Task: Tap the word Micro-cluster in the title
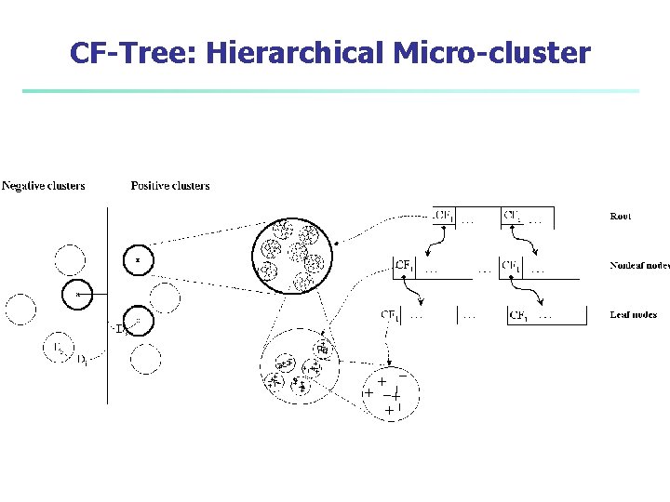click(491, 53)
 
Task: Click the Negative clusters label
click(44, 186)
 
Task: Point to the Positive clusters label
click(170, 186)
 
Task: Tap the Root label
click(620, 216)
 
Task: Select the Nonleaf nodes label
click(639, 265)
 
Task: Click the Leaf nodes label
click(633, 314)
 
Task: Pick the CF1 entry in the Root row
click(444, 216)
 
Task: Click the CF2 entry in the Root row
click(513, 216)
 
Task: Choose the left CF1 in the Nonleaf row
click(405, 266)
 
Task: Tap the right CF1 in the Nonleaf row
click(512, 266)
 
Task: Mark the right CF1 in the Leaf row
click(519, 315)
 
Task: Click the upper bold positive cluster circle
click(138, 259)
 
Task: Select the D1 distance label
click(83, 359)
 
